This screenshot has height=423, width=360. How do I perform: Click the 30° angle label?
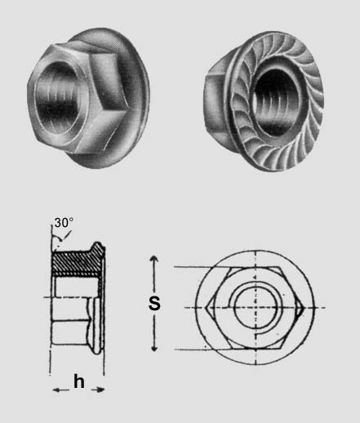(x=64, y=223)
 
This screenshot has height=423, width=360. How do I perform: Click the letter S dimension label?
(x=154, y=303)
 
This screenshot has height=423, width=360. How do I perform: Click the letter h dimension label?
(x=79, y=381)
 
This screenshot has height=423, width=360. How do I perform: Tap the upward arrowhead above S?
(x=154, y=258)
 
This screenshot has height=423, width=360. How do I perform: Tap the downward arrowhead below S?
(x=154, y=349)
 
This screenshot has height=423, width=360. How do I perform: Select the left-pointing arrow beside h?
(x=60, y=390)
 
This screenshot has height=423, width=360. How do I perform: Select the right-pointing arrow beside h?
(x=98, y=390)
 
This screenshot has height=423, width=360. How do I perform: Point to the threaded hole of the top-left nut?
(x=58, y=97)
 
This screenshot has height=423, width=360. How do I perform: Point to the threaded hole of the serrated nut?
(x=275, y=102)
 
